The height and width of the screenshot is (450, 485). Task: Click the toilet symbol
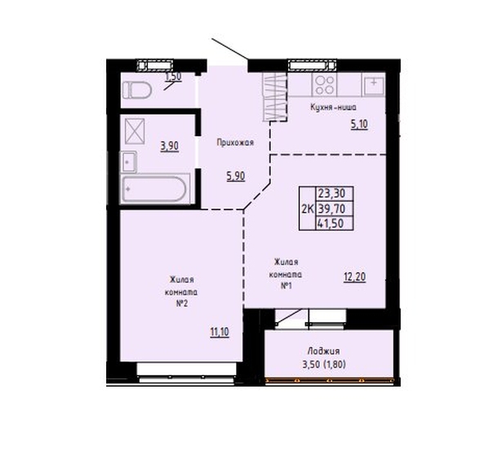point(137,90)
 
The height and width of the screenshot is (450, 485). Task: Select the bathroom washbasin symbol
point(129,162)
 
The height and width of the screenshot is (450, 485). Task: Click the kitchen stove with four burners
point(324,85)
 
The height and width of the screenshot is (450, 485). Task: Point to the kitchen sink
point(374,86)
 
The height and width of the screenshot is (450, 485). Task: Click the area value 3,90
point(170,146)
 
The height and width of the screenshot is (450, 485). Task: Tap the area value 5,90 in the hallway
point(236,176)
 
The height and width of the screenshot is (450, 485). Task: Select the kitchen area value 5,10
point(359,125)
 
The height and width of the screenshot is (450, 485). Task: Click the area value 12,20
point(355,276)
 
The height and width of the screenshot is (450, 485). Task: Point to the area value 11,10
point(220,332)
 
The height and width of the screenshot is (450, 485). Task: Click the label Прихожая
point(235,143)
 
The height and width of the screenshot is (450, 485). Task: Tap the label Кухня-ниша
point(333,108)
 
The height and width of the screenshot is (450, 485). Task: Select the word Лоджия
point(323,351)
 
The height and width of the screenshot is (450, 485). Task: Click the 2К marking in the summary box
point(308,210)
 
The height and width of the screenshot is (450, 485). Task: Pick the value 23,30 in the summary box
point(331,194)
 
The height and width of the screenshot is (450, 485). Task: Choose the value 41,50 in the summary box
point(331,223)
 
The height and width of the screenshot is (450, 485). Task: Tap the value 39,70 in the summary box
point(331,209)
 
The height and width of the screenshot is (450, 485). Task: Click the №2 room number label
point(182,304)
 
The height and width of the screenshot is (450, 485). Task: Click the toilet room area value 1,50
point(173,77)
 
